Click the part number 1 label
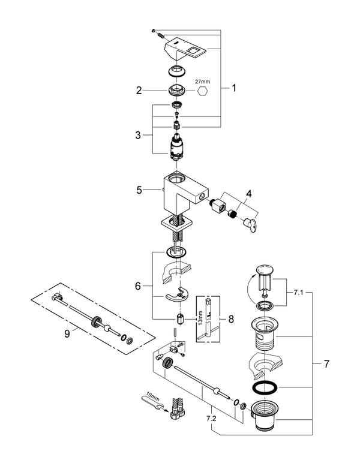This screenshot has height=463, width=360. coord(234,88)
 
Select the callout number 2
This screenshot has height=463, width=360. coord(139,91)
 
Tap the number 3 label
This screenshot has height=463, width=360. coord(139,136)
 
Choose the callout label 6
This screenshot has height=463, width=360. coord(139,287)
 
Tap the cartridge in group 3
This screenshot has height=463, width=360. coord(177,146)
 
